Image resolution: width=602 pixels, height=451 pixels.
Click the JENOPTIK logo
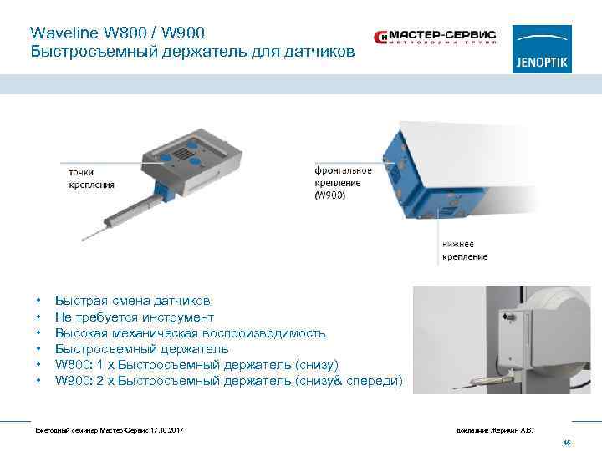[543, 49]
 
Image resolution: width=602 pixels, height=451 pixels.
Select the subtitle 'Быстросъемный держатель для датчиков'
[192, 52]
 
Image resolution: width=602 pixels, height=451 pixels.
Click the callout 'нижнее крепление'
[464, 250]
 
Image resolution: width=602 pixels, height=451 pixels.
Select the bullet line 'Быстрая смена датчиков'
[132, 301]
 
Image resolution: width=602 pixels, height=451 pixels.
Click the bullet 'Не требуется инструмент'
[134, 317]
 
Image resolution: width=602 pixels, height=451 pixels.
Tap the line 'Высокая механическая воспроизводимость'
[190, 332]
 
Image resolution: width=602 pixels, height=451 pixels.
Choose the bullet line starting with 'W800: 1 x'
[196, 365]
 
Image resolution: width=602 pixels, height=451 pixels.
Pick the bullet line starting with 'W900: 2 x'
[227, 381]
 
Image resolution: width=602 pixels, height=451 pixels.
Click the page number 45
[566, 443]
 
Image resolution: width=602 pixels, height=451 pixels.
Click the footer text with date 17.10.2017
[108, 429]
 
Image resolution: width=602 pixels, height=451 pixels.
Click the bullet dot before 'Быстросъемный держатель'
[38, 349]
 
